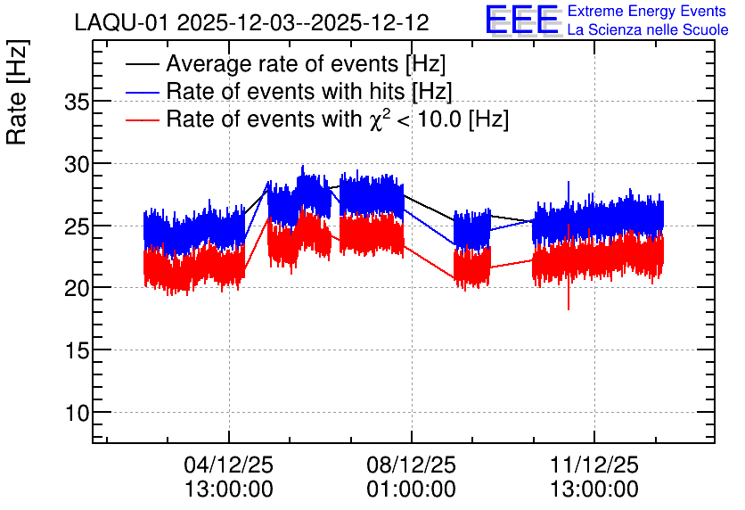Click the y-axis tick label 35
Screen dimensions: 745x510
point(77,102)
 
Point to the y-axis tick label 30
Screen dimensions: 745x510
point(77,164)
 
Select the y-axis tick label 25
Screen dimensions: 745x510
point(77,226)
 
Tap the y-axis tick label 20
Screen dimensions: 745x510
point(77,288)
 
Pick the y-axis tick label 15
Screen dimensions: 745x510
point(77,350)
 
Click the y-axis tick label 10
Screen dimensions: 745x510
point(77,413)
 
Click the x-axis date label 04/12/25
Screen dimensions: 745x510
point(228,465)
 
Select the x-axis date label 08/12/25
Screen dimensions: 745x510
point(411,465)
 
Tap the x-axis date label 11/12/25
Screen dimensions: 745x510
point(594,465)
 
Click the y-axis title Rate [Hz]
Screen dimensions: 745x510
point(17,92)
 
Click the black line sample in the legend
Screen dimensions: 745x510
point(142,64)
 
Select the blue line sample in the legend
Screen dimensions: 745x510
point(142,92)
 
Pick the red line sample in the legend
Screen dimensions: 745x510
point(142,119)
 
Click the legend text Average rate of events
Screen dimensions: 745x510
point(282,64)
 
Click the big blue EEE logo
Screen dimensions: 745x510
point(522,20)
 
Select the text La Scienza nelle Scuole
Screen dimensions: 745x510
point(648,29)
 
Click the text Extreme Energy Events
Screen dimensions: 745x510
point(647,11)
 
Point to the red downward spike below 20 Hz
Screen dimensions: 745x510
point(569,297)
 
